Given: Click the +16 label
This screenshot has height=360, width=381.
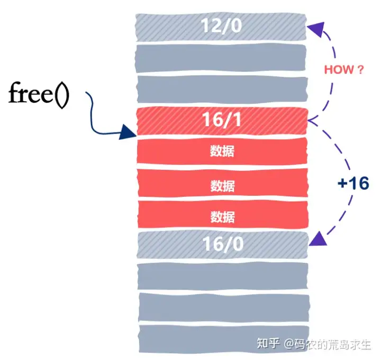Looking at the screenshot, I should click(x=352, y=183).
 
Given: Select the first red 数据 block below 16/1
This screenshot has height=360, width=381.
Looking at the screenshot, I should click(x=222, y=151).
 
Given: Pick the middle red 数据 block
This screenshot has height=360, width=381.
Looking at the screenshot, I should click(x=222, y=186).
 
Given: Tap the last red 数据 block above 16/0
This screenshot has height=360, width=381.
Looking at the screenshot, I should click(x=222, y=216).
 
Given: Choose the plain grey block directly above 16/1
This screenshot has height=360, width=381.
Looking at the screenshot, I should click(x=221, y=89).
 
